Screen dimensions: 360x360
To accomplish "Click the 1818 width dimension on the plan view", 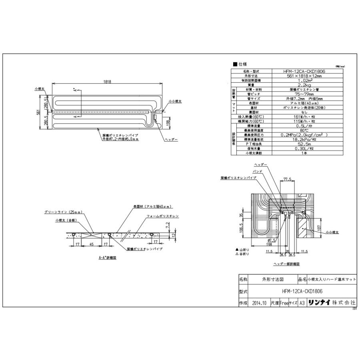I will pyautogui.click(x=107, y=81).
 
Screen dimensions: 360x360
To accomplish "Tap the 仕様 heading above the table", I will pyautogui.click(x=242, y=64).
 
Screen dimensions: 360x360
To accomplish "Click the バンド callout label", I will pyautogui.click(x=258, y=171).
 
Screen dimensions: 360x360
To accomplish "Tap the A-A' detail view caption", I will pyautogui.click(x=107, y=258).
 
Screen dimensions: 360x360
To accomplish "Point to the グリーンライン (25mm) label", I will pyautogui.click(x=59, y=212).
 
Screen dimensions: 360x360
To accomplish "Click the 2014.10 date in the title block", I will pyautogui.click(x=260, y=303).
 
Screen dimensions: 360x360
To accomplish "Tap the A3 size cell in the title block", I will pyautogui.click(x=303, y=303).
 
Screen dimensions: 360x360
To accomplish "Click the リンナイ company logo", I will pyautogui.click(x=319, y=303).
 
